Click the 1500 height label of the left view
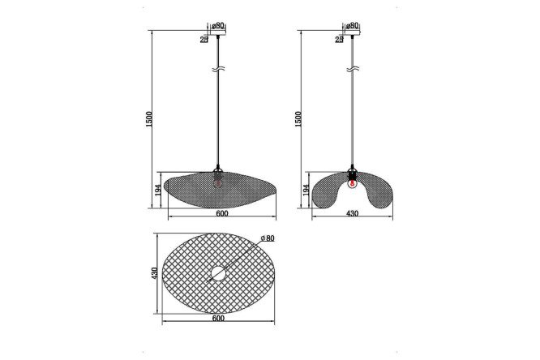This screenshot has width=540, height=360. pyautogui.click(x=148, y=119)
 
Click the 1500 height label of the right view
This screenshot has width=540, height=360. pyautogui.click(x=298, y=119)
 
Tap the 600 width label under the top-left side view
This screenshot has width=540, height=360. pyautogui.click(x=222, y=213)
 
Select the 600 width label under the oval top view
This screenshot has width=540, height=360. pyautogui.click(x=218, y=318)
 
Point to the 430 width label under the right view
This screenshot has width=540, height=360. pyautogui.click(x=353, y=213)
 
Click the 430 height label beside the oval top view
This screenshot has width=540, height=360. pyautogui.click(x=155, y=273)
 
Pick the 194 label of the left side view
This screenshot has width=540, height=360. pyautogui.click(x=158, y=191)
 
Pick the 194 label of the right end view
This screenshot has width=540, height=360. pyautogui.click(x=306, y=191)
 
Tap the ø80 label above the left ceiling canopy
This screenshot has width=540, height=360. pyautogui.click(x=218, y=25)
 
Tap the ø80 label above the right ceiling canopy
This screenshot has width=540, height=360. pyautogui.click(x=352, y=25)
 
